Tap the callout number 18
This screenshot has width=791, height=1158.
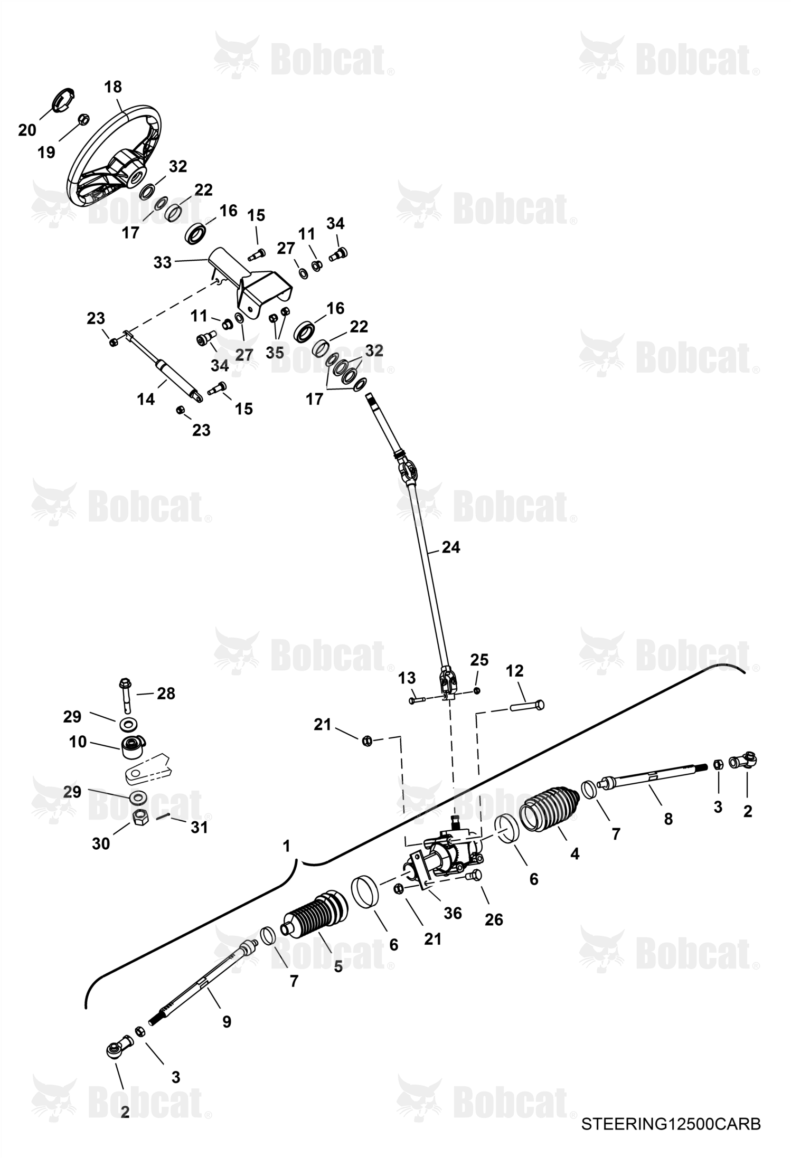(x=113, y=87)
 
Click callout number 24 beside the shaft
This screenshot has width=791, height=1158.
(x=451, y=547)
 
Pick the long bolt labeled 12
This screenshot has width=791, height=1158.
(x=526, y=706)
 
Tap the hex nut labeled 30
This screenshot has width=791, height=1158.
(x=139, y=818)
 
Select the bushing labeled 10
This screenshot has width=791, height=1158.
(x=133, y=745)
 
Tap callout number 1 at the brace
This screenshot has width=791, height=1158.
(x=286, y=847)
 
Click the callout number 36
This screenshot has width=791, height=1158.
(x=453, y=913)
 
